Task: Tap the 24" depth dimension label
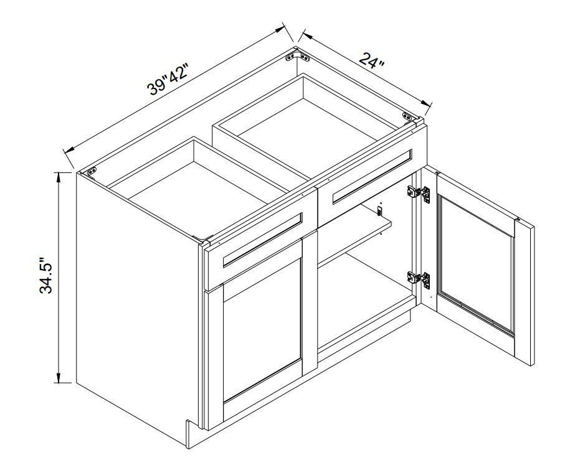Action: click(371, 61)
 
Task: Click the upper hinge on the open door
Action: click(419, 192)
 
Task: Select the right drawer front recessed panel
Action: click(372, 176)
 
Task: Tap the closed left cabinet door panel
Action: click(262, 329)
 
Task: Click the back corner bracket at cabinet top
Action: click(297, 57)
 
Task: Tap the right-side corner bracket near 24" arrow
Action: click(407, 116)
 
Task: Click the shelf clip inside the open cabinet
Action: click(380, 210)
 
